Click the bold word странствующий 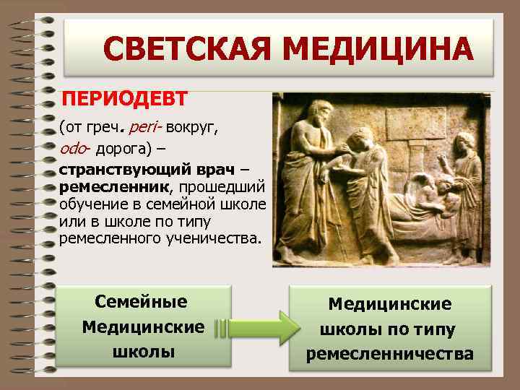123,170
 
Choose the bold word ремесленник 114,186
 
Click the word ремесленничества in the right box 390,354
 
